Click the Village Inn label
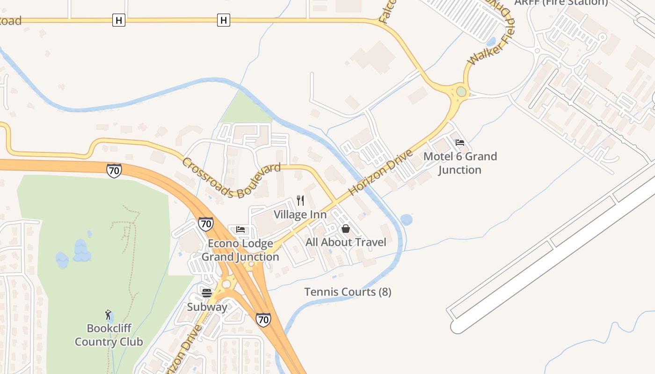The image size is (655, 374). point(300,215)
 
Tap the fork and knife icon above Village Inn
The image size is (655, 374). point(300,201)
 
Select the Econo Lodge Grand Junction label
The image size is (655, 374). point(240,250)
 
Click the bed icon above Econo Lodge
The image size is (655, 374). point(240,229)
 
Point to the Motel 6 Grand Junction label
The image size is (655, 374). point(460,163)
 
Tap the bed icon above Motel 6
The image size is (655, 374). point(460,143)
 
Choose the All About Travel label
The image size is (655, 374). point(346,242)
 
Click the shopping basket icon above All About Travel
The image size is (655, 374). point(346,229)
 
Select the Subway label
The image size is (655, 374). point(207,307)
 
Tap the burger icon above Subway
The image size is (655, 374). point(207,293)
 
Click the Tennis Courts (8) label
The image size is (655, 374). point(348,292)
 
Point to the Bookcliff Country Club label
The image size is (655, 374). point(109,335)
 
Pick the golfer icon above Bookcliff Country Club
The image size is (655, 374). point(108,315)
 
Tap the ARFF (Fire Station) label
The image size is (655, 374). point(561,3)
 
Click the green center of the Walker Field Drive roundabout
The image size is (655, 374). point(461,91)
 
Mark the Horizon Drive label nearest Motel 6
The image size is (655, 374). point(381,172)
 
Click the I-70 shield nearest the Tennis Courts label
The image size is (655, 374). point(263,320)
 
